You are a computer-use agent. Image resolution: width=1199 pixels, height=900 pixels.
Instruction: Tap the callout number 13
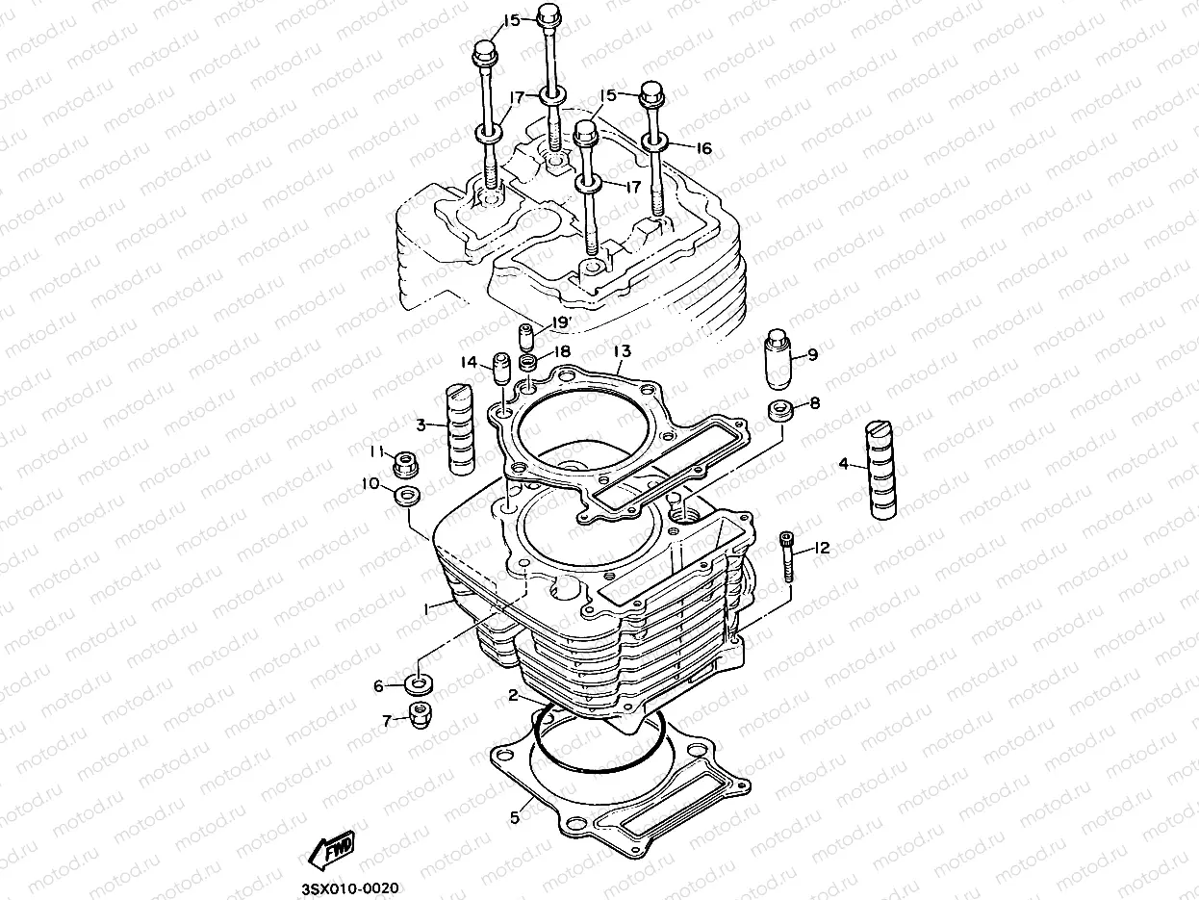pyautogui.click(x=622, y=351)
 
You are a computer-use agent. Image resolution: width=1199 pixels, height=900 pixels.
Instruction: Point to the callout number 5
pyautogui.click(x=515, y=817)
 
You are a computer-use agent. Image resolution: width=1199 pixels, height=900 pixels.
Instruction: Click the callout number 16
pyautogui.click(x=703, y=148)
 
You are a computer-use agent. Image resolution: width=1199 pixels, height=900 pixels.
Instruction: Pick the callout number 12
pyautogui.click(x=821, y=549)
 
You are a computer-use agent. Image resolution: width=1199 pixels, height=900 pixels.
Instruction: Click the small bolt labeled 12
pyautogui.click(x=788, y=556)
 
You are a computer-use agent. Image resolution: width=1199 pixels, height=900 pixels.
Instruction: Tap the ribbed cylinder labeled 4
pyautogui.click(x=881, y=470)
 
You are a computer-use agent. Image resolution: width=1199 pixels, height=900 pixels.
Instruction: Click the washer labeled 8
pyautogui.click(x=779, y=408)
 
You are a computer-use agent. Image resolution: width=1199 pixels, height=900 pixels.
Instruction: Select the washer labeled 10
pyautogui.click(x=405, y=498)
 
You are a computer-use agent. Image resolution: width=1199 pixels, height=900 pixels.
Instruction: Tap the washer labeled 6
pyautogui.click(x=419, y=685)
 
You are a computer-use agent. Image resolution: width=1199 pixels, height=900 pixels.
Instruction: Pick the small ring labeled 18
pyautogui.click(x=527, y=364)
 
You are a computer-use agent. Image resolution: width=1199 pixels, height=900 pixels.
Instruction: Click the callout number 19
pyautogui.click(x=560, y=322)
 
